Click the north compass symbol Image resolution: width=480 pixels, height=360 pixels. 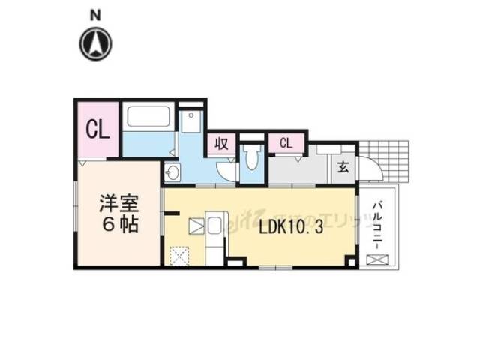[x=96, y=43]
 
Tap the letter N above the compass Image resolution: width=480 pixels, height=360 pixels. [x=95, y=14]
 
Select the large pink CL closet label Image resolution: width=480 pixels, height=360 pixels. [x=98, y=130]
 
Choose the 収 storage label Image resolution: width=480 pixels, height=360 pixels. [x=223, y=143]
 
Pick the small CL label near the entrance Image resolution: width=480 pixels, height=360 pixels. [x=286, y=142]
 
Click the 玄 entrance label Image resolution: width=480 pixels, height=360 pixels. [x=343, y=166]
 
